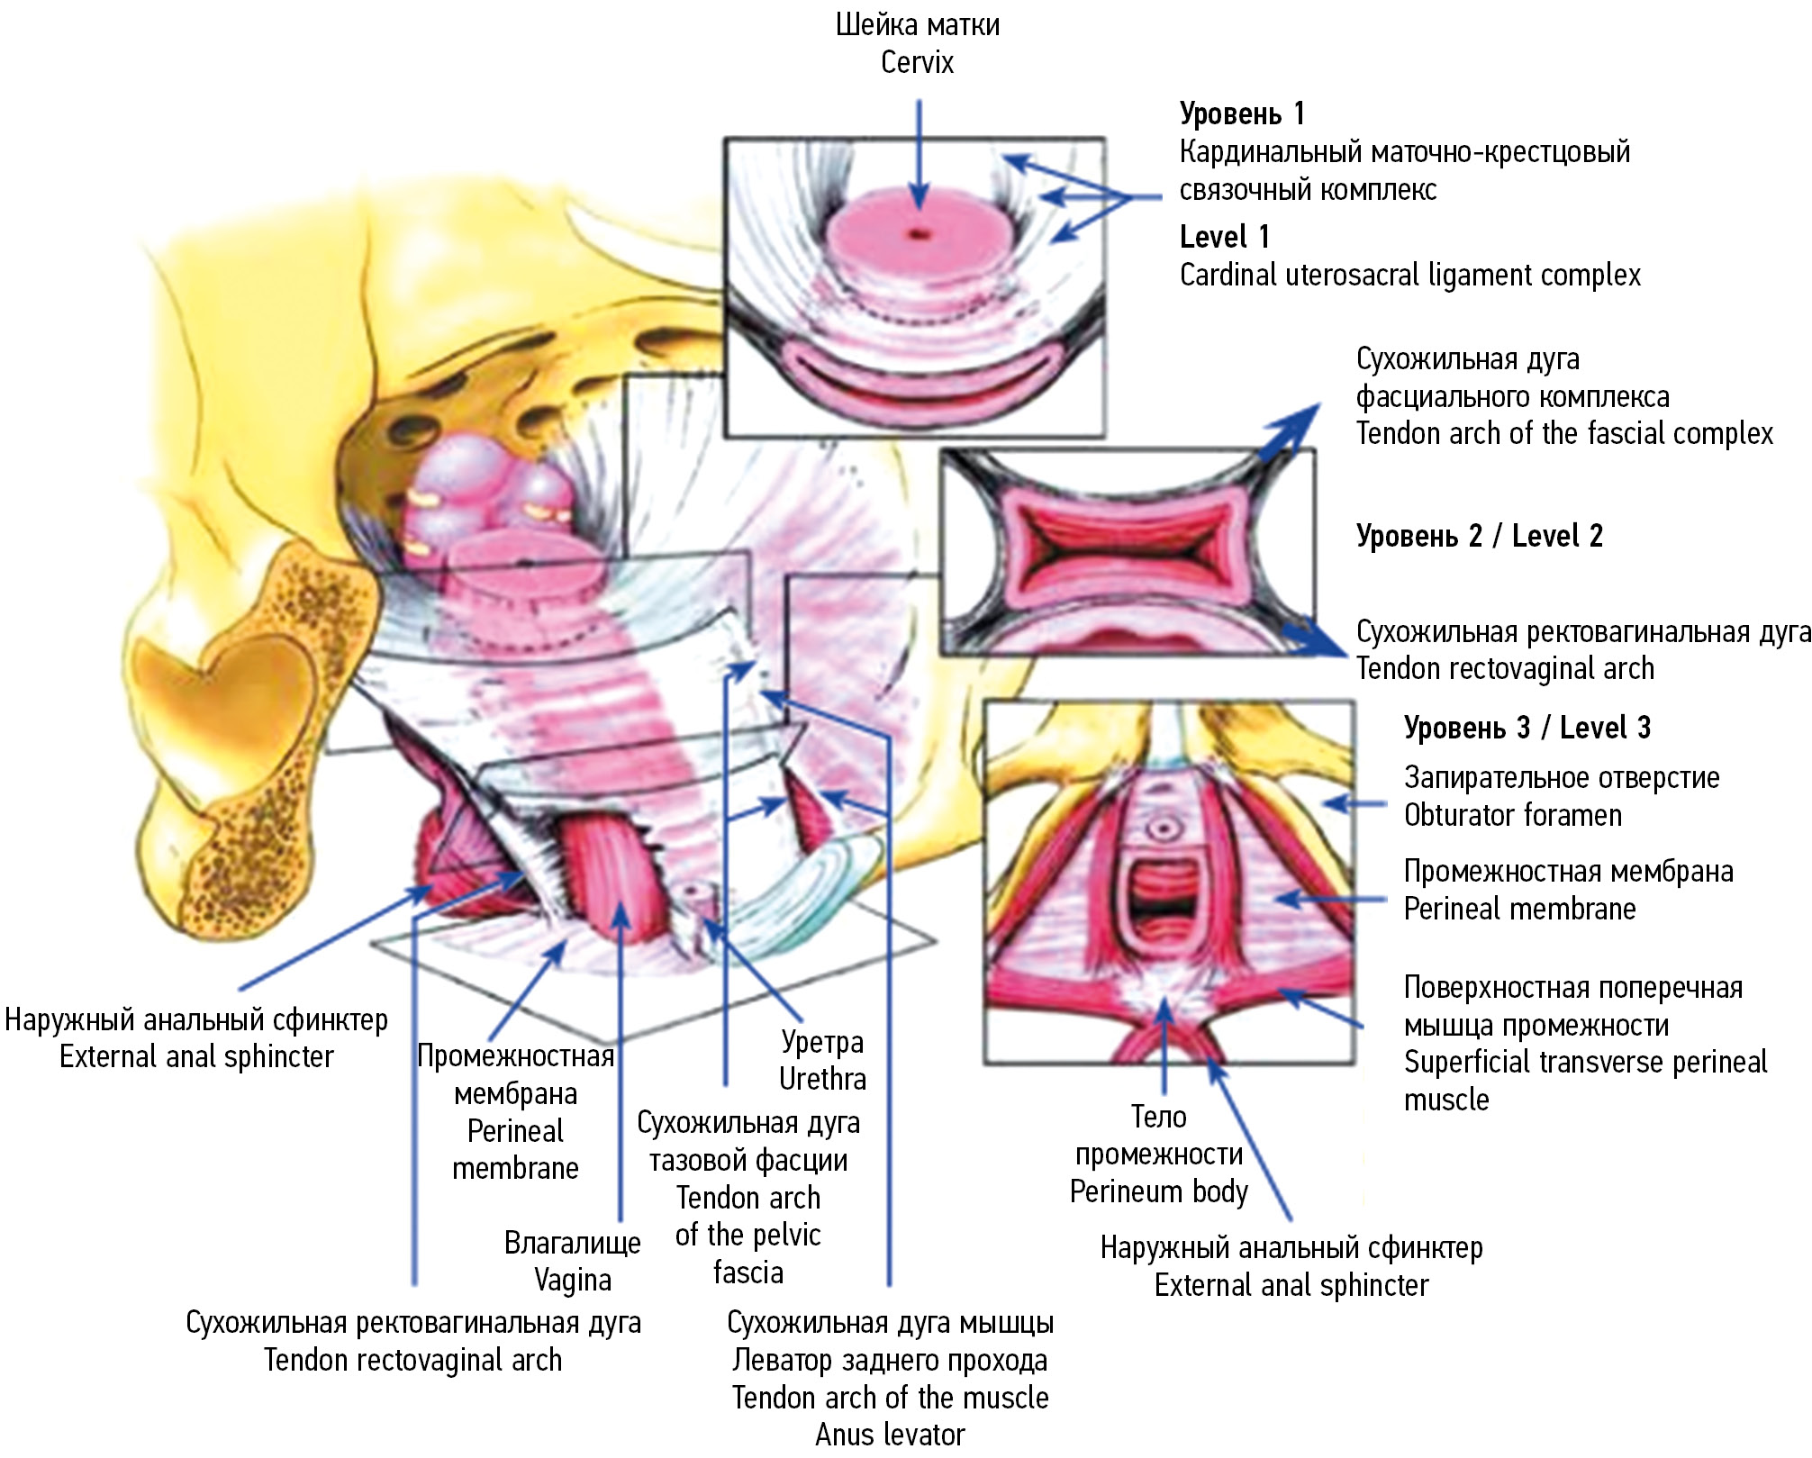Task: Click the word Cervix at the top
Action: (917, 63)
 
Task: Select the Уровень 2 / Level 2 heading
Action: (1479, 536)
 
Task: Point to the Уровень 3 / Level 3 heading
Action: (1527, 728)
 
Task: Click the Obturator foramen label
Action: (1512, 815)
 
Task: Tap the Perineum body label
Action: (1158, 1191)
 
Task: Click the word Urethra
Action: (822, 1079)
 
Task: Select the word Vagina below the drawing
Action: (573, 1280)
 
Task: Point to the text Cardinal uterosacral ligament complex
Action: (1409, 275)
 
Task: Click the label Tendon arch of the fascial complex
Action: (1563, 434)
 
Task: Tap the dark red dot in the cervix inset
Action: (918, 234)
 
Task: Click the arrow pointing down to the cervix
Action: (918, 153)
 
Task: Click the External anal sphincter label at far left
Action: (196, 1056)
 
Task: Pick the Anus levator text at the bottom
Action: (890, 1435)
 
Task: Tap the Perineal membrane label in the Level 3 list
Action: (1519, 909)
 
